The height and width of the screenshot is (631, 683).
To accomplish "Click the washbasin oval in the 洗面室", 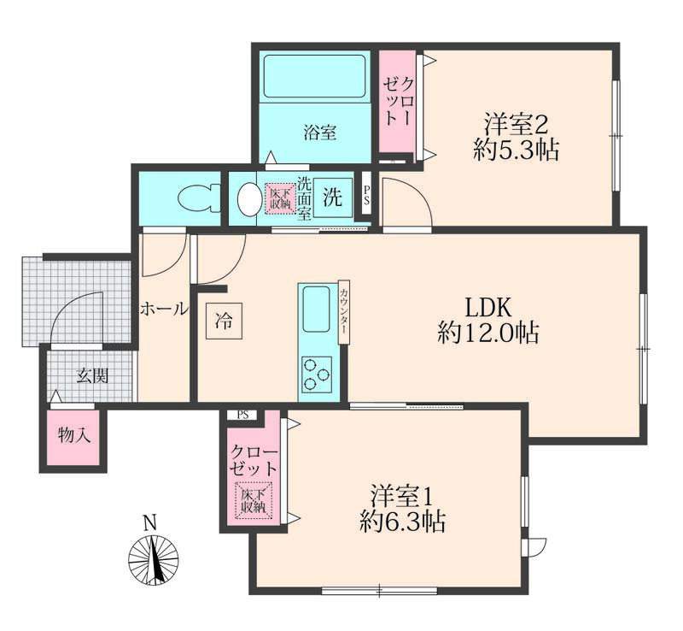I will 249,199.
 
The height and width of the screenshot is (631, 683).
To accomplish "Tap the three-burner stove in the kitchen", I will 318,374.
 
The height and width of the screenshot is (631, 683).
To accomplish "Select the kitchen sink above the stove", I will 318,304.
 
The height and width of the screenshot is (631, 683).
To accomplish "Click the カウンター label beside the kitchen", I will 344,313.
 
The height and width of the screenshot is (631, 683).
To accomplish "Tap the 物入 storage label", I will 73,434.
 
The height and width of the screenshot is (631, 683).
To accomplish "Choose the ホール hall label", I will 163,310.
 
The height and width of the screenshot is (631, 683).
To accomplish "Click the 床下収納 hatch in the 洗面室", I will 278,198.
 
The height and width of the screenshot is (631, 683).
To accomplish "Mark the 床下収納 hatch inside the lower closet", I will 253,500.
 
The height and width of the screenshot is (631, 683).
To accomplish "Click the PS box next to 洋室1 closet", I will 242,416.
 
